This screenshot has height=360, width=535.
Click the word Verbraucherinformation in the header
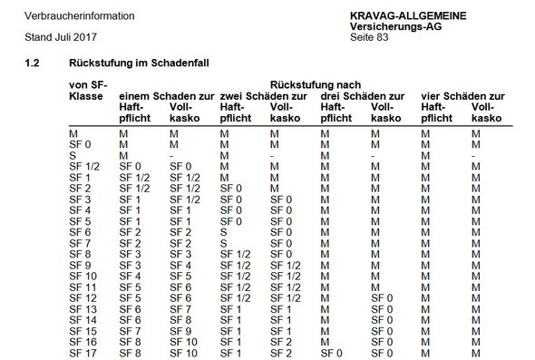pos(61,16)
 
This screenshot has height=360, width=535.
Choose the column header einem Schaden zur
pos(167,96)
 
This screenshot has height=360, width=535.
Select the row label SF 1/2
pos(84,167)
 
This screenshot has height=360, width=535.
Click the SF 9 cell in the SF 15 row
pos(181,331)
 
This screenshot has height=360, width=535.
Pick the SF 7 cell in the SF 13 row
pos(181,309)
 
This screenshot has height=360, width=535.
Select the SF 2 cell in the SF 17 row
pos(280,352)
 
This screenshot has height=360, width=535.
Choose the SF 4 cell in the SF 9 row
pos(181,265)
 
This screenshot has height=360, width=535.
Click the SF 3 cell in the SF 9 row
pos(131,265)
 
